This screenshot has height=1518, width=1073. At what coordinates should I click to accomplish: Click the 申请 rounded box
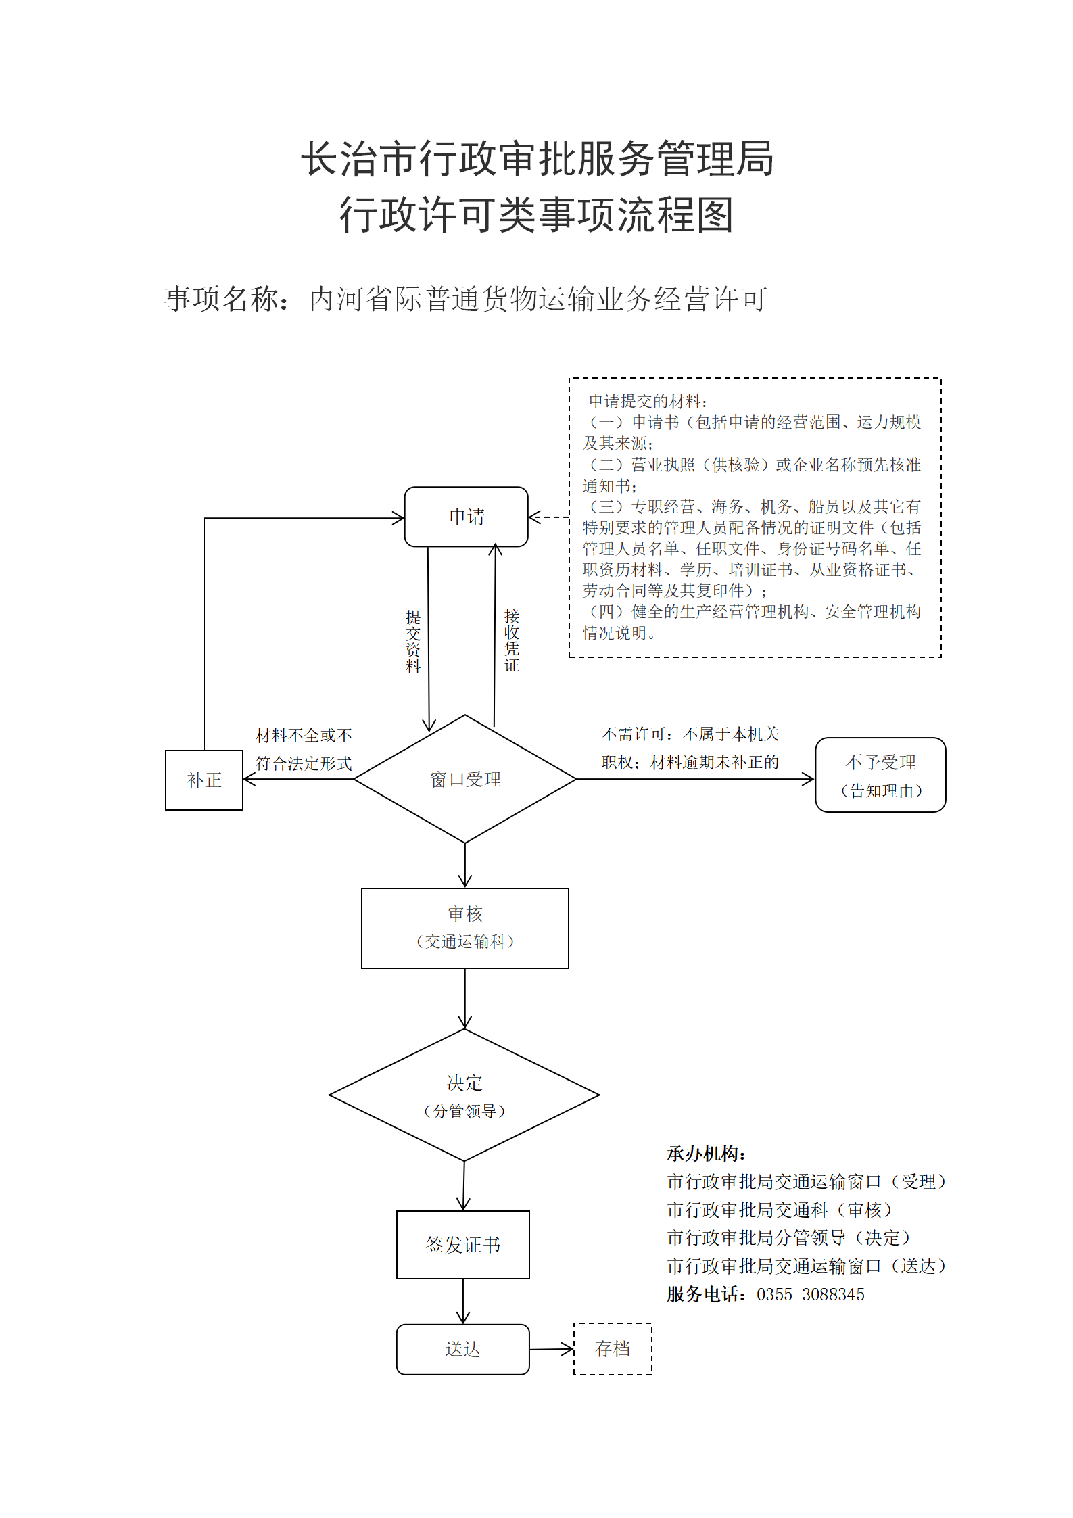point(466,517)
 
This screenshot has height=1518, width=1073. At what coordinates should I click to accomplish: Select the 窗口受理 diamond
point(465,779)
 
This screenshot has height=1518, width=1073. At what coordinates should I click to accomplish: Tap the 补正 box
point(204,780)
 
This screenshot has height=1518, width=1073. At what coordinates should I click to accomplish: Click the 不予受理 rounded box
point(880,775)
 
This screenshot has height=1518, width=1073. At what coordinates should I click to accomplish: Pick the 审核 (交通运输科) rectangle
point(465,928)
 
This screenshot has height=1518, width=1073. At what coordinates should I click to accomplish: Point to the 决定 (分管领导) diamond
point(464,1095)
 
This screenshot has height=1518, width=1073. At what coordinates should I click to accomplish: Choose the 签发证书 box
point(463,1245)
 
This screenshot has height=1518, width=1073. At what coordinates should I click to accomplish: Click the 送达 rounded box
point(463,1350)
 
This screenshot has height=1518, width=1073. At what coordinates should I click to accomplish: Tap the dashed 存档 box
point(613,1349)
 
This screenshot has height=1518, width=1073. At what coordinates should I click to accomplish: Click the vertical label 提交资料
point(413,641)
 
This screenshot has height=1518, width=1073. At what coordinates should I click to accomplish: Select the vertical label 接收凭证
point(512,640)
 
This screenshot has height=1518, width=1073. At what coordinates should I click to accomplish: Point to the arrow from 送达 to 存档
point(552,1350)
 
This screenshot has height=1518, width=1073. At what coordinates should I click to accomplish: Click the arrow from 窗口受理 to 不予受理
point(695,779)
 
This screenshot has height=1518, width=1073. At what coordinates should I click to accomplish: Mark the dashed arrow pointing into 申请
point(548,517)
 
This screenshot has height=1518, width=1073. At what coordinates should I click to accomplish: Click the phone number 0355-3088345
point(811,1295)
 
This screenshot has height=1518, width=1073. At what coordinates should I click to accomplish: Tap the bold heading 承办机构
point(706,1154)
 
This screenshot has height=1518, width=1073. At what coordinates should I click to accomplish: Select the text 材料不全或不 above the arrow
point(304,735)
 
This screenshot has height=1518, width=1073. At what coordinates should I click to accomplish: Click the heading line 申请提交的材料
point(648,401)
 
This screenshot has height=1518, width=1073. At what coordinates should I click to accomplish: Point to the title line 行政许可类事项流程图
point(537,215)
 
